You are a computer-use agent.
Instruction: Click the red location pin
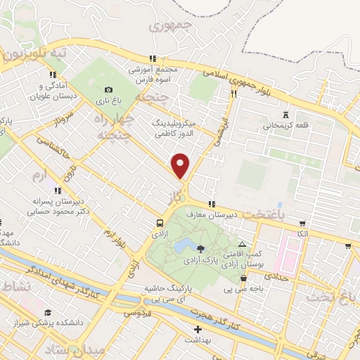pyautogui.click(x=181, y=166)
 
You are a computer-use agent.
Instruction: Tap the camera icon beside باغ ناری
pyautogui.click(x=108, y=89)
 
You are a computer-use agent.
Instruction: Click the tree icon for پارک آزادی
pyautogui.click(x=202, y=248)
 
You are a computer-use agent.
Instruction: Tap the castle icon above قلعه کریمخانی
pyautogui.click(x=285, y=115)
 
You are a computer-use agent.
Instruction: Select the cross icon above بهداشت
pyautogui.click(x=198, y=329)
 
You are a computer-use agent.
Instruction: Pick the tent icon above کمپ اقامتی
pyautogui.click(x=243, y=243)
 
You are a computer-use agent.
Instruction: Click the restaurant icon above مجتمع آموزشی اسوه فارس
pyautogui.click(x=152, y=59)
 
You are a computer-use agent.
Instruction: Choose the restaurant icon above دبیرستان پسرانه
pyautogui.click(x=58, y=190)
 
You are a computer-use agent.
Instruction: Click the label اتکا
pyautogui.click(x=302, y=233)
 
